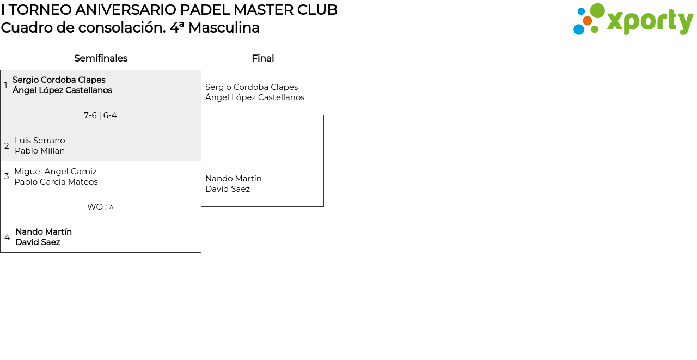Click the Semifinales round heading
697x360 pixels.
coord(101,58)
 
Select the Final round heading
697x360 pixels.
coord(263,58)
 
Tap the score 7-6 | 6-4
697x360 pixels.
coord(100,115)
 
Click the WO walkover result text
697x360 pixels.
coord(100,207)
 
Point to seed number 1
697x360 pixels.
coord(5,85)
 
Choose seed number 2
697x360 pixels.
coord(7,145)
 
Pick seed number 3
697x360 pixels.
coord(7,176)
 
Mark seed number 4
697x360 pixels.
coord(7,237)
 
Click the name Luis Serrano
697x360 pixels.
coord(40,141)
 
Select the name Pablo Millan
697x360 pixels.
coord(40,151)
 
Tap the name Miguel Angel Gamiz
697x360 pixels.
coord(56,172)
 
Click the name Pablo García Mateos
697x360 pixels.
coord(56,182)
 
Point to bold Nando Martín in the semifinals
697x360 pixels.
coord(44,232)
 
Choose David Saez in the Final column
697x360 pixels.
coord(228,189)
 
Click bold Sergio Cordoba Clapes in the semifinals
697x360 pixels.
coord(59,80)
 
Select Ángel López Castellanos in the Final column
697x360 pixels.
coord(255,97)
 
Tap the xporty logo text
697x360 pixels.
coord(650,21)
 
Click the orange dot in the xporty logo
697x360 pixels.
coord(588,21)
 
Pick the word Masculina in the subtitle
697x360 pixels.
coord(224,28)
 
